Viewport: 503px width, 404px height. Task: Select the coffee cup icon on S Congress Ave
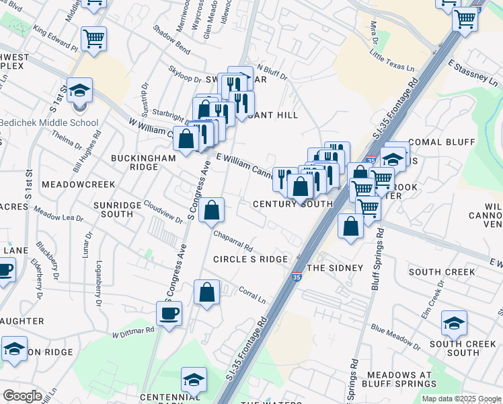tap(169, 313)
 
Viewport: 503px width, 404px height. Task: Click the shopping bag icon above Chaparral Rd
tap(211, 209)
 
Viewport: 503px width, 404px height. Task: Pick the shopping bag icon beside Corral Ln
tap(206, 292)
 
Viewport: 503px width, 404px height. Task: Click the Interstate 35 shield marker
tap(297, 276)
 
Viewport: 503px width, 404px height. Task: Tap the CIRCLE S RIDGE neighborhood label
tap(250, 259)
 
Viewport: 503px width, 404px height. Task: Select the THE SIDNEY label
tap(335, 268)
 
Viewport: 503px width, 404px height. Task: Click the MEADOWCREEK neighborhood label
tap(78, 184)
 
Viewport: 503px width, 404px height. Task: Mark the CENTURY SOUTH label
tap(293, 204)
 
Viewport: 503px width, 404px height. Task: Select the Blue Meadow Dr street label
tap(395, 337)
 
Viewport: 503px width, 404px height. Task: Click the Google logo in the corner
tap(22, 396)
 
